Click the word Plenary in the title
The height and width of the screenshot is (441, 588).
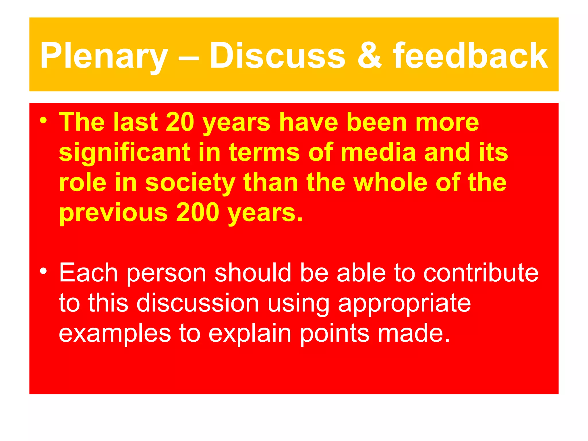(x=103, y=56)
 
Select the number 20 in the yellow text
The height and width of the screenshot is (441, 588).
(x=180, y=122)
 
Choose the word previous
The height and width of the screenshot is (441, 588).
(x=113, y=213)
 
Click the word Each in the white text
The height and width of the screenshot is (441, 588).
(x=88, y=273)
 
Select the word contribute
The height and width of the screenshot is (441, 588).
(x=481, y=273)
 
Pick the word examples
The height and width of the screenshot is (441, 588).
(x=115, y=334)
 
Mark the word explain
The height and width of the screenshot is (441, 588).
(x=249, y=334)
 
